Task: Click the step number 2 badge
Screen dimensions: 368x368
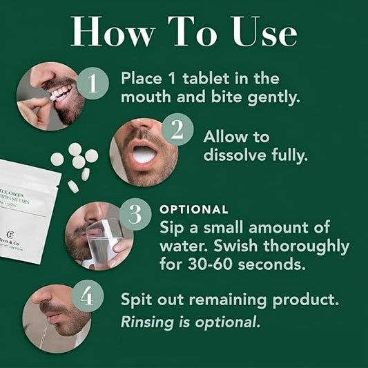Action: click(x=177, y=129)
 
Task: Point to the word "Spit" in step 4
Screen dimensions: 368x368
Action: click(x=137, y=301)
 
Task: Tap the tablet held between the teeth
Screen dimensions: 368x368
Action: click(x=50, y=98)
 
